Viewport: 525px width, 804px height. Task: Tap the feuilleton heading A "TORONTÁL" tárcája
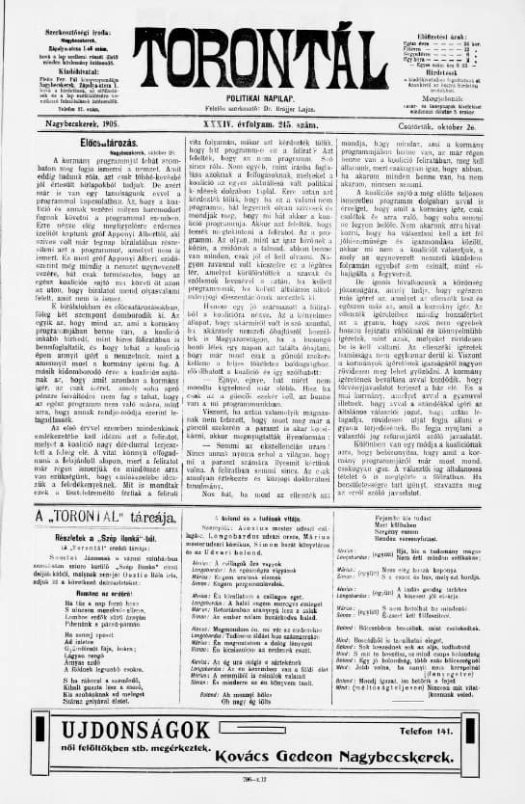click(x=94, y=518)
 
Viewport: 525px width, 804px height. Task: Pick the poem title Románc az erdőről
click(x=94, y=595)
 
